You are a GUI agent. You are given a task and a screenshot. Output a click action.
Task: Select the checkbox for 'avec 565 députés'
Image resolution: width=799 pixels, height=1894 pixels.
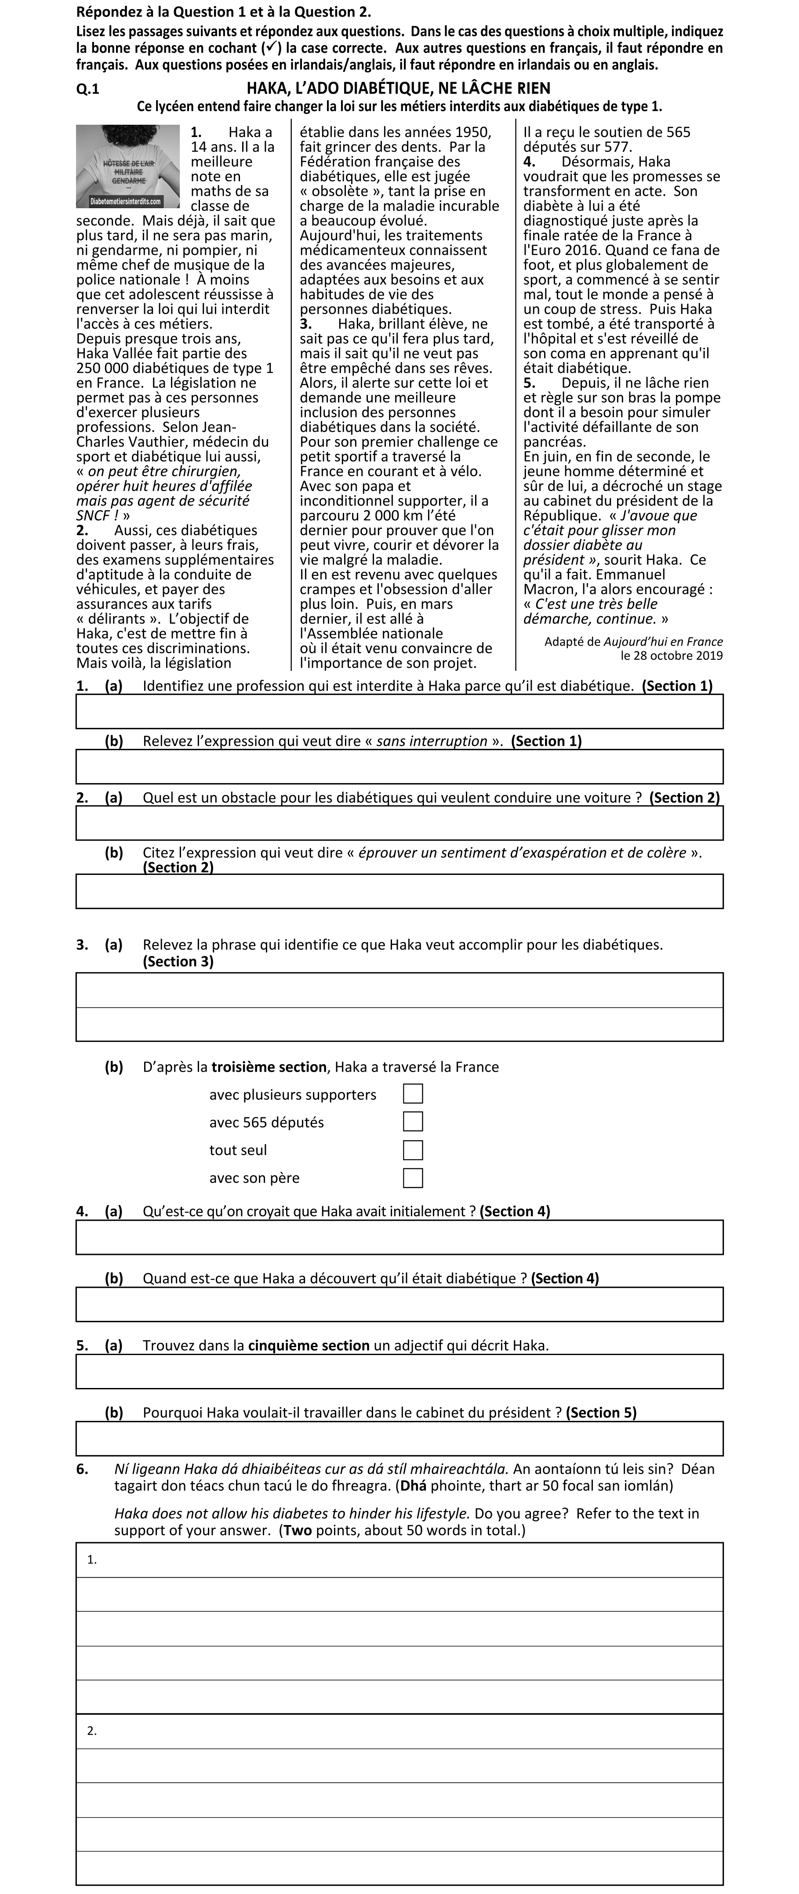pos(413,1122)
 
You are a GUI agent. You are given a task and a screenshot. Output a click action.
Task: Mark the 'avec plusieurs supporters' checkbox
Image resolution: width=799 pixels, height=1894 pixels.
pos(413,1094)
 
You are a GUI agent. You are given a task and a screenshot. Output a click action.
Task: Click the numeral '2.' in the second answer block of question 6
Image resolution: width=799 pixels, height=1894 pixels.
pos(92,1731)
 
